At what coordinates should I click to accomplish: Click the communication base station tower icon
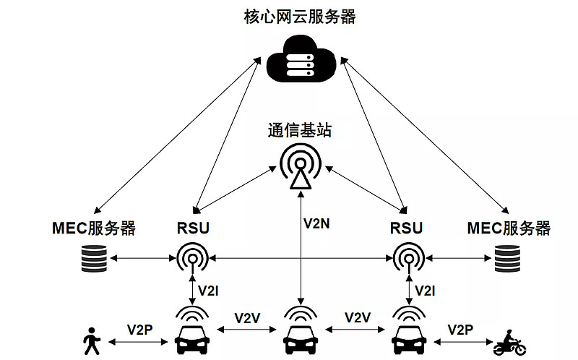(299, 168)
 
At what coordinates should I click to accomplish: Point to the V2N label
(316, 223)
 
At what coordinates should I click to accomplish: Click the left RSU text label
(193, 229)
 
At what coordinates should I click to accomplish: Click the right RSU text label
(406, 229)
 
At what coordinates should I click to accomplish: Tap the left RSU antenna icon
(193, 257)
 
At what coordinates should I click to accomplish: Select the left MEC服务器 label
(94, 229)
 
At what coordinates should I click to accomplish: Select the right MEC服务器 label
(509, 229)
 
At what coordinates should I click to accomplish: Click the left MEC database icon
(94, 258)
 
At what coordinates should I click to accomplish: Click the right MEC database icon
(509, 258)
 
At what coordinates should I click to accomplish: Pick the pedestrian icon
(92, 341)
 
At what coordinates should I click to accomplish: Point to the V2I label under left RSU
(208, 290)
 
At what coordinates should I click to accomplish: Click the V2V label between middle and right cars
(358, 317)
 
